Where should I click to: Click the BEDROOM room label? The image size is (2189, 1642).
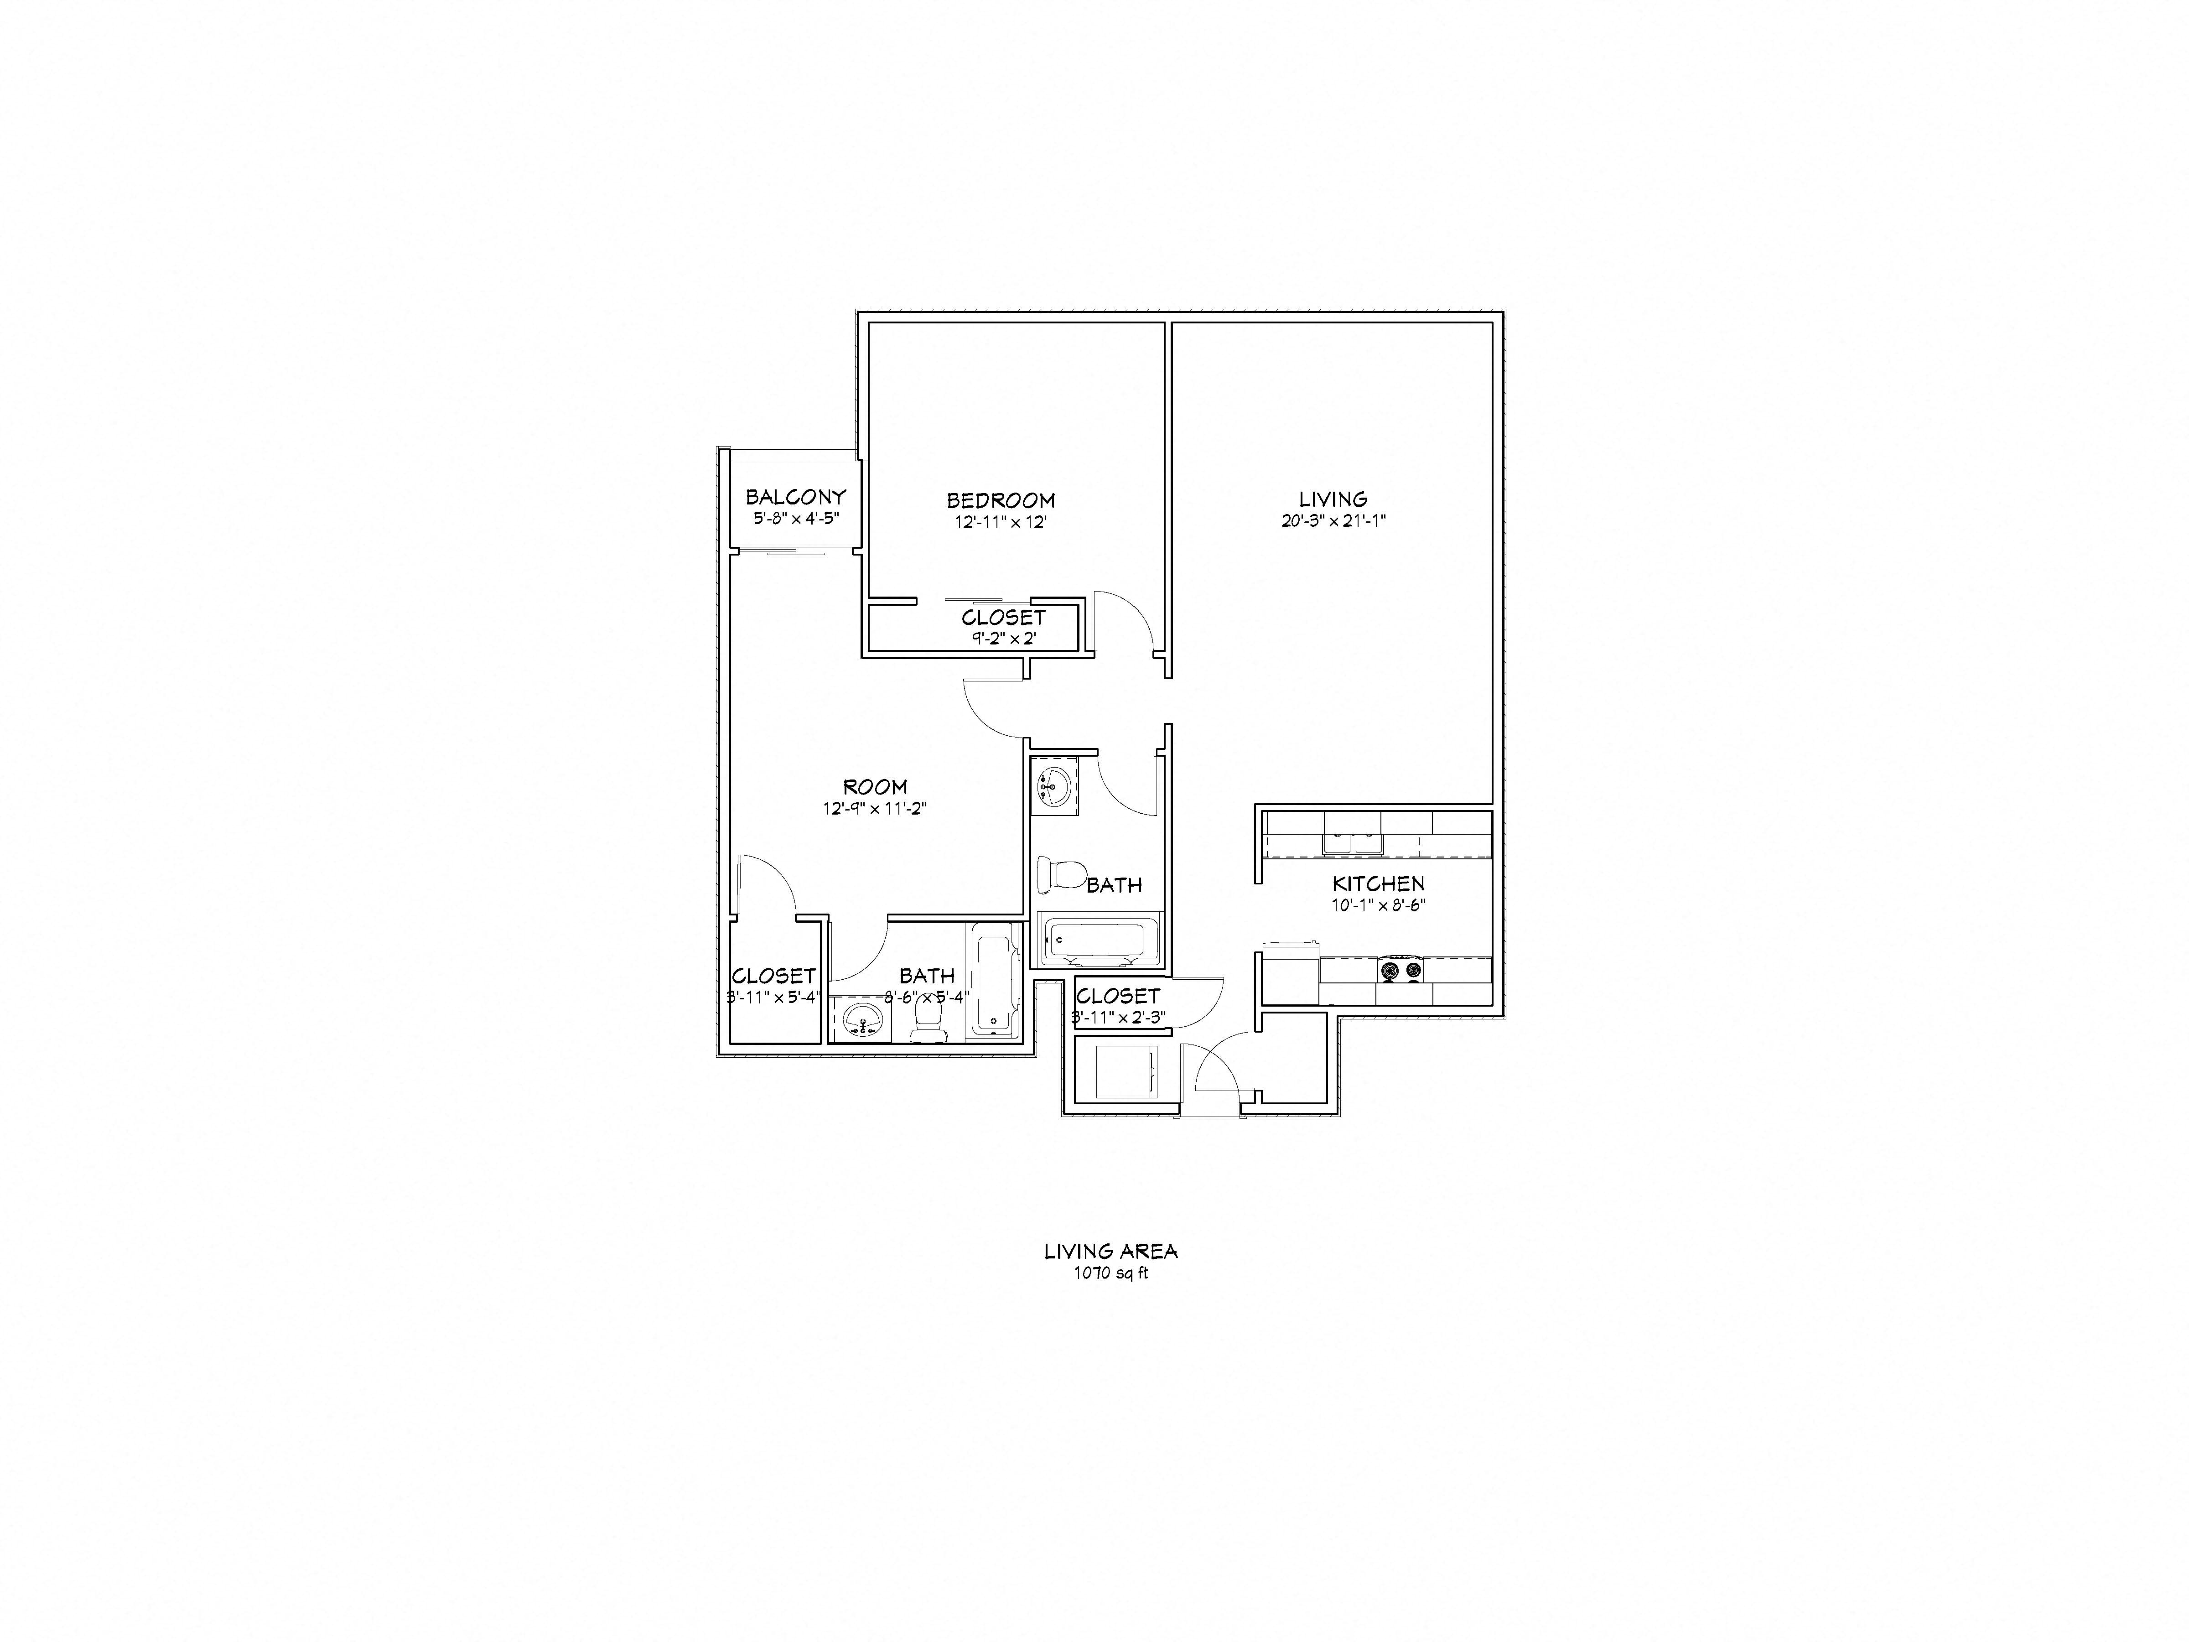click(x=1001, y=501)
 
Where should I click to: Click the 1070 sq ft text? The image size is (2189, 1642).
click(x=1110, y=1274)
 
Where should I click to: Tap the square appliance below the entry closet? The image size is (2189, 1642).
click(x=1126, y=1073)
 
